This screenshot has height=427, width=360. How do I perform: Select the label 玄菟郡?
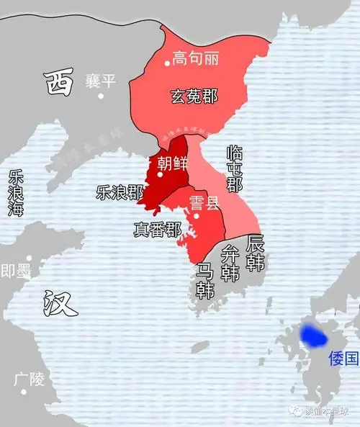click(x=194, y=95)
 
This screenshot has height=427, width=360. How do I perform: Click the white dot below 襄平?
click(x=102, y=95)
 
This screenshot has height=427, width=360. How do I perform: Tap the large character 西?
click(x=58, y=84)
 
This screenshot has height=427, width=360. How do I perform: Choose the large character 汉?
click(x=59, y=303)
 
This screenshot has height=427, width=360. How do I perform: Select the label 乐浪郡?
click(x=120, y=192)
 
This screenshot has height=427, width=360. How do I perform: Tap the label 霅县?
click(x=204, y=202)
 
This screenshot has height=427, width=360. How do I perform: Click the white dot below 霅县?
click(x=196, y=216)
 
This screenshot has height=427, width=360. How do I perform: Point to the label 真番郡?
click(x=157, y=230)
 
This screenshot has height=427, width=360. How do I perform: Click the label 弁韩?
click(x=230, y=263)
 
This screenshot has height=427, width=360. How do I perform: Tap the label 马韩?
click(x=205, y=281)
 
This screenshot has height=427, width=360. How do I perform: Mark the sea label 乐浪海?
click(x=15, y=194)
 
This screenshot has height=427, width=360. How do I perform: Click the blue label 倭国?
click(x=342, y=358)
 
